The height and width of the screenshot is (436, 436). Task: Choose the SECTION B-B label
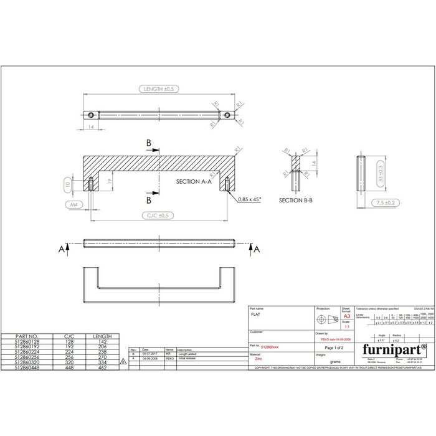click(296, 201)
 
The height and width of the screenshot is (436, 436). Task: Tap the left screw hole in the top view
click(92, 115)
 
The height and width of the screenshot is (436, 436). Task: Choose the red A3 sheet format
click(346, 316)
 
